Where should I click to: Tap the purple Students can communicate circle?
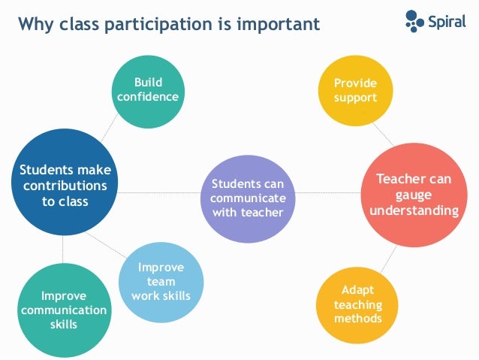click(247, 198)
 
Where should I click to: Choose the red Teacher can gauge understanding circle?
click(413, 194)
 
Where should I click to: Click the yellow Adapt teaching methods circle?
click(357, 305)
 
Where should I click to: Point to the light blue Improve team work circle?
click(161, 281)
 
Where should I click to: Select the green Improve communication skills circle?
click(63, 309)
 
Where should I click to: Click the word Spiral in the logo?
click(447, 21)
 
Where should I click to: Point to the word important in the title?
click(278, 25)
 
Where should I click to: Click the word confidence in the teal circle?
click(148, 97)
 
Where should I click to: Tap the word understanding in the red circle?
click(413, 210)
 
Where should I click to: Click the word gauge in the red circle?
click(413, 195)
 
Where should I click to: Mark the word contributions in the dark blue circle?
click(64, 186)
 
